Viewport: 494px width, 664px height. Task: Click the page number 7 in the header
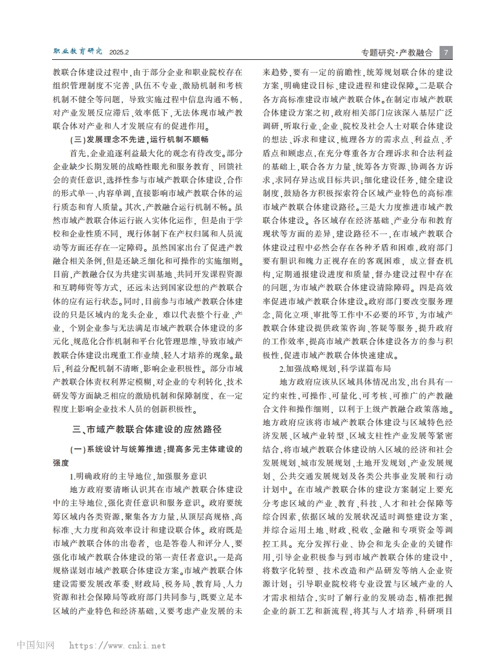coord(446,51)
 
